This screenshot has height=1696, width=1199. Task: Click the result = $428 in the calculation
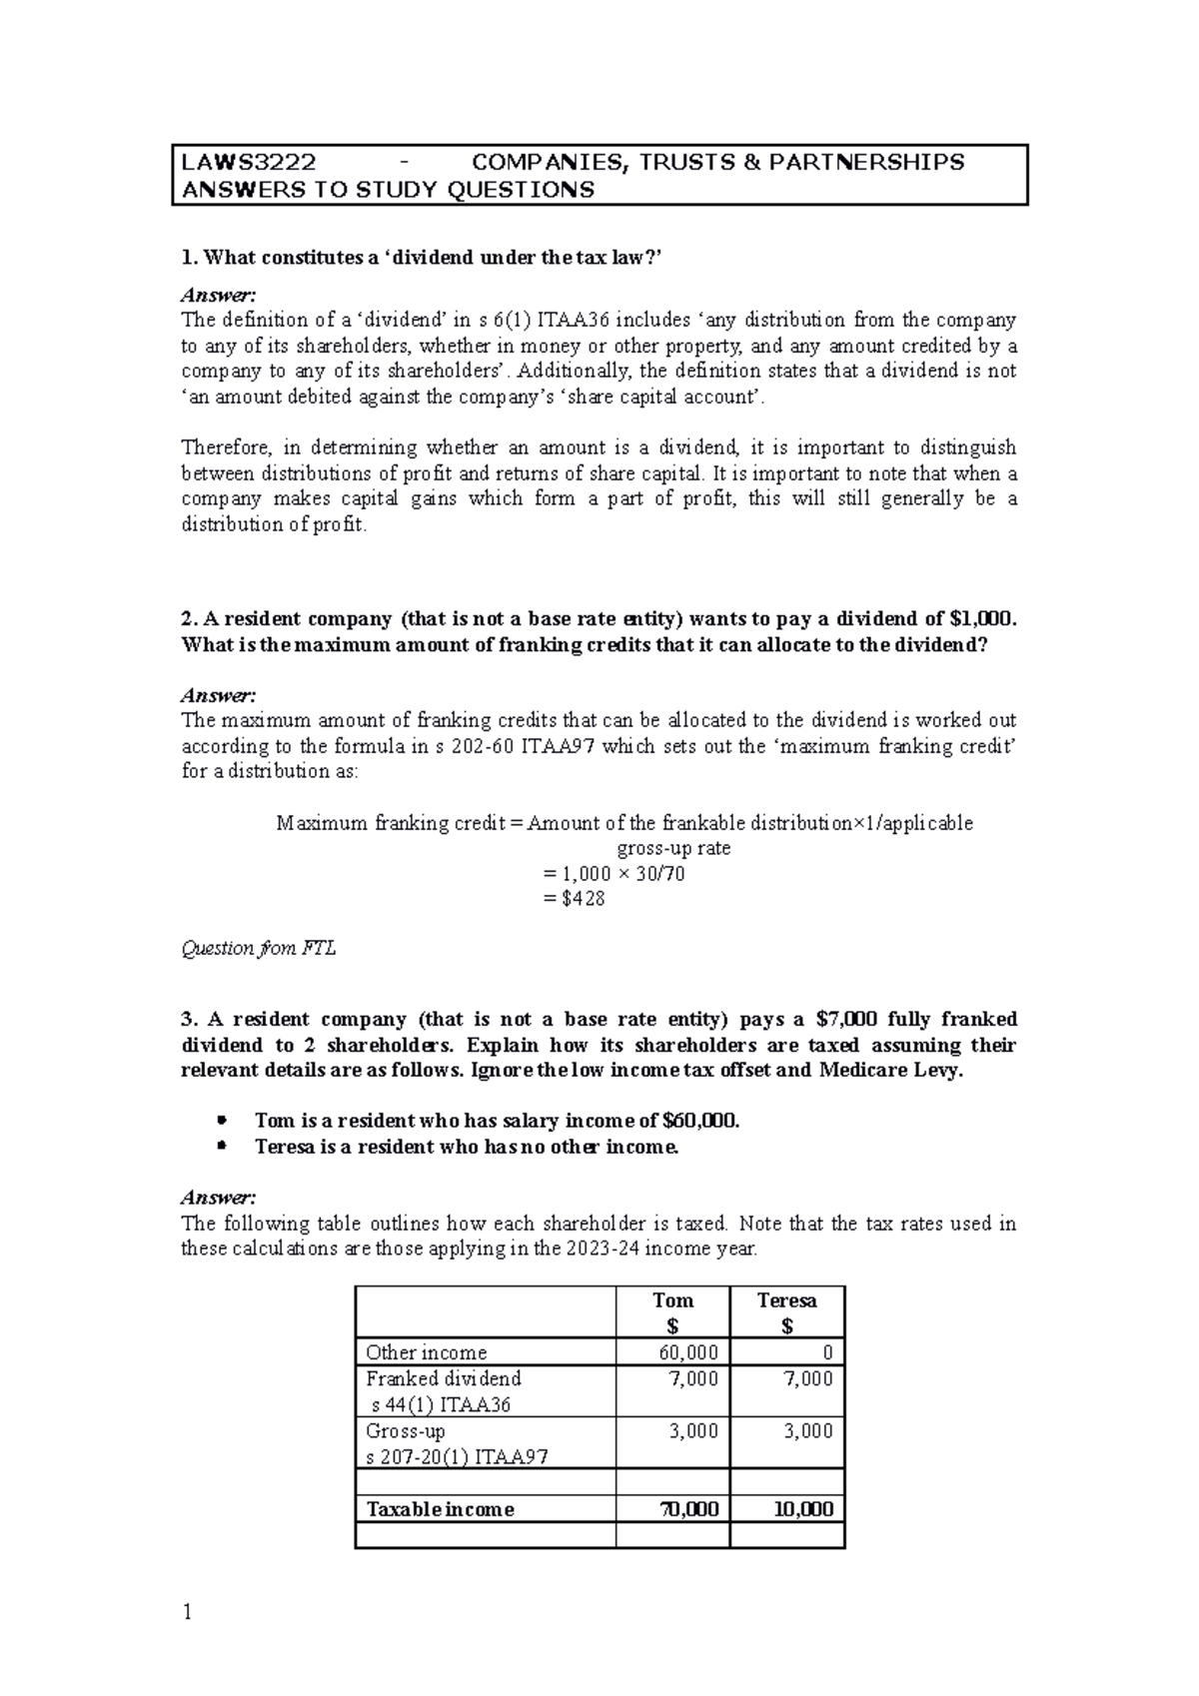[x=574, y=899]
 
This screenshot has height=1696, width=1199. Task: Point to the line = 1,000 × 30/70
[x=612, y=874]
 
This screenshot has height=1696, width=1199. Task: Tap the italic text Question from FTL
[x=258, y=949]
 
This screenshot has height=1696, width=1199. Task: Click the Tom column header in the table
[x=672, y=1300]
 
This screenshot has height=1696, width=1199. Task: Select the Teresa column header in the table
[x=786, y=1300]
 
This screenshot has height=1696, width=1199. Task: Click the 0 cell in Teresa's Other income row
[x=827, y=1352]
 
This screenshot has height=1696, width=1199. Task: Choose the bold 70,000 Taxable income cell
[x=688, y=1509]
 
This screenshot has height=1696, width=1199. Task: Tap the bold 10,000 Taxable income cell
[x=803, y=1509]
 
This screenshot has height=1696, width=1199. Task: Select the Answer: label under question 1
[x=218, y=295]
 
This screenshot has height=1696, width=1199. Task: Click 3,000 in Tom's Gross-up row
[x=692, y=1431]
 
